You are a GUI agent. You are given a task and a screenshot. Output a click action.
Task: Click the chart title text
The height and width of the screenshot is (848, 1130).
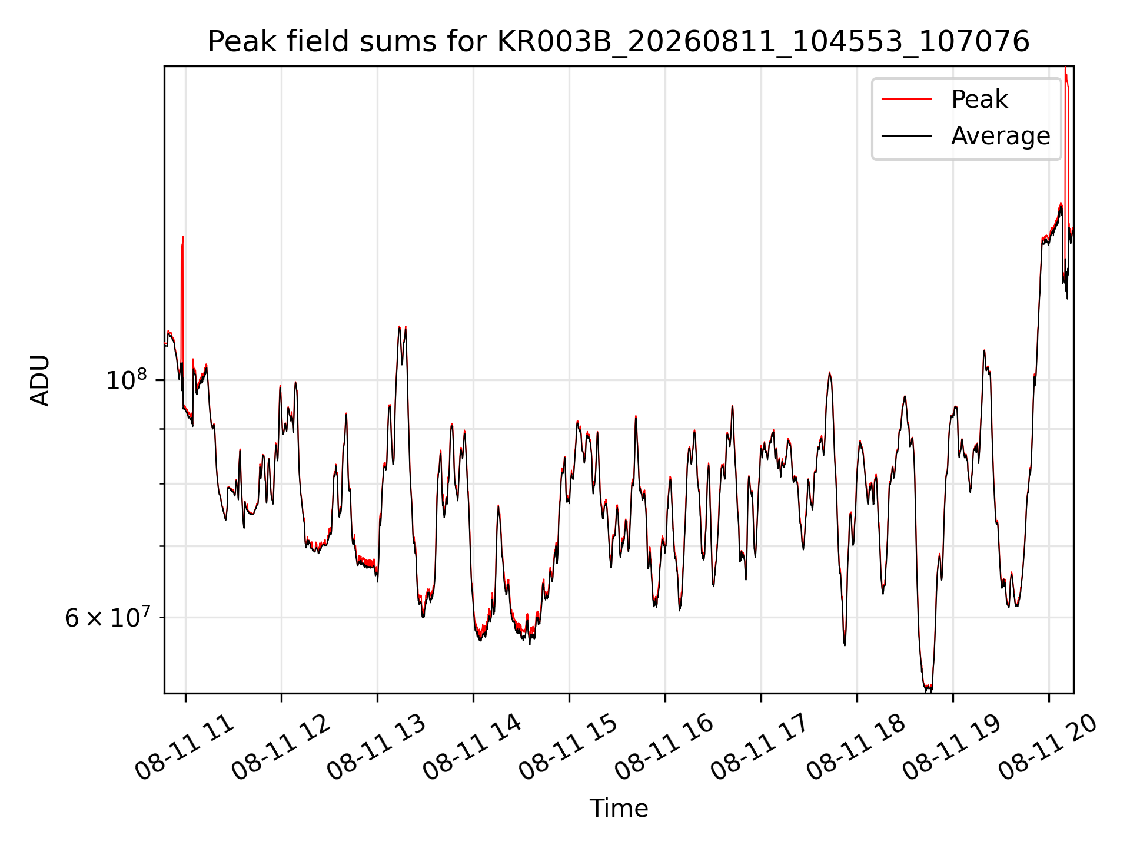[x=619, y=42]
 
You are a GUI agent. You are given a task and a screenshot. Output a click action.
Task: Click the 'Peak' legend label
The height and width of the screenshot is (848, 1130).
[x=979, y=100]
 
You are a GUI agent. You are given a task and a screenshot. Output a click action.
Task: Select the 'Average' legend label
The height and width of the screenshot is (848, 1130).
[x=1001, y=136]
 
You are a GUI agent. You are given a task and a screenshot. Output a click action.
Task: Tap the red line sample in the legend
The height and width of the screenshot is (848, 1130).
[x=906, y=100]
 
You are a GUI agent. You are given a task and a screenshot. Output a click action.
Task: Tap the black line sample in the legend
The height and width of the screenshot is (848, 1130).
[x=906, y=136]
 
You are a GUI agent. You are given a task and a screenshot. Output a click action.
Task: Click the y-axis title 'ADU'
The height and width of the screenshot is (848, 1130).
[x=40, y=380]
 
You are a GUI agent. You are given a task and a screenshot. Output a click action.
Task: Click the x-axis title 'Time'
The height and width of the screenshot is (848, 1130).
[x=619, y=809]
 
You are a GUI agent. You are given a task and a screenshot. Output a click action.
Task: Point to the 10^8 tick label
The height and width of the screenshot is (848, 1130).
[x=127, y=380]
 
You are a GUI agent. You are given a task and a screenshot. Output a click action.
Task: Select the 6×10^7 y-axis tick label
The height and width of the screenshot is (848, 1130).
[x=107, y=617]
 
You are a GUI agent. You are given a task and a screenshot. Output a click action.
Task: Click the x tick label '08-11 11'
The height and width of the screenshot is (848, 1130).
[x=185, y=748]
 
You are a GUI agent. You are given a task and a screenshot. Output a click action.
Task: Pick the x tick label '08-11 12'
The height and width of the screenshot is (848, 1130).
[x=281, y=748]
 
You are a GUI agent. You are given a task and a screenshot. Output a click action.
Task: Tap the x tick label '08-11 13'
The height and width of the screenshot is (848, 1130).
[x=377, y=748]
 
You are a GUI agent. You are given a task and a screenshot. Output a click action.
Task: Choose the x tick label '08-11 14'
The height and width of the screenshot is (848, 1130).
[x=473, y=748]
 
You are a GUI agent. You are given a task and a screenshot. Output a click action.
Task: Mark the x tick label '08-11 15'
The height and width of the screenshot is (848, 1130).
[x=569, y=748]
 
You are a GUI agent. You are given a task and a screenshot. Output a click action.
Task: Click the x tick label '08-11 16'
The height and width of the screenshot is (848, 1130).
[x=664, y=748]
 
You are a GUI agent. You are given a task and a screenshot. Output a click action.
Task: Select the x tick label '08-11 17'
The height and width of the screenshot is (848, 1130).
[x=760, y=748]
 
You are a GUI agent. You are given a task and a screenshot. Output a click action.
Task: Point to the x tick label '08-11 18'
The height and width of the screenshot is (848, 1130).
[x=856, y=748]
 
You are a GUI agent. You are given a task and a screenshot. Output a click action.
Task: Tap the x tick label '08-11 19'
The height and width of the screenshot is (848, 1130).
[x=952, y=748]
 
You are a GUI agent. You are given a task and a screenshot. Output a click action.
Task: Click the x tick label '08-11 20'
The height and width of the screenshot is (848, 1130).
[x=1048, y=748]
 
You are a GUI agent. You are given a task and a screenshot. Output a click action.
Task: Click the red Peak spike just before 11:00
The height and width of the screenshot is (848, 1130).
[x=182, y=294]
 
